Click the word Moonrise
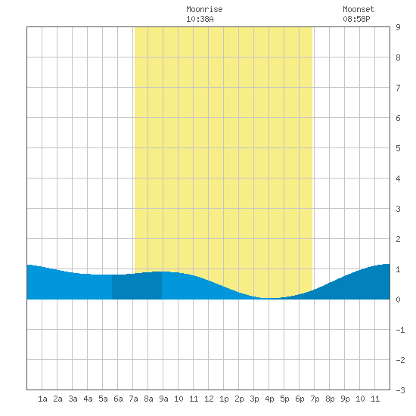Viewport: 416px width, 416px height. click(204, 9)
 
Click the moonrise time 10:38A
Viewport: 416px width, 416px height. click(200, 19)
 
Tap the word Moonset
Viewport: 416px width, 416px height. click(359, 9)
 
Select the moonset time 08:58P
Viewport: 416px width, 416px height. click(356, 19)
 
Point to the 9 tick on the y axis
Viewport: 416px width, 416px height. click(398, 27)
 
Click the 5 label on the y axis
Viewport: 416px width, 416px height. click(398, 148)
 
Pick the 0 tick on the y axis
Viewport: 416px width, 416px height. click(398, 300)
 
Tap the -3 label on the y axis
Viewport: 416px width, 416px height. click(400, 390)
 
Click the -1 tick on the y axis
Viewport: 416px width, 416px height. click(400, 330)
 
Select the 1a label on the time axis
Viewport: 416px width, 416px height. click(42, 399)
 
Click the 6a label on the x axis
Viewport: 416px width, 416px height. click(118, 399)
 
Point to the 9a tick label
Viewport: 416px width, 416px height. click(163, 399)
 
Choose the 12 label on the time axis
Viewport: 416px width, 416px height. click(209, 399)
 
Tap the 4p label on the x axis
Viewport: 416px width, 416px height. click(269, 399)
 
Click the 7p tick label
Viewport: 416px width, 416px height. click(315, 399)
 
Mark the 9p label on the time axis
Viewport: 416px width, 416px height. click(345, 399)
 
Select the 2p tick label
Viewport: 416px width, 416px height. click(239, 399)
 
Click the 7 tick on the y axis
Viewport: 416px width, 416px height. click(398, 88)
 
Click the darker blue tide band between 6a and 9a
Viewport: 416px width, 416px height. click(137, 287)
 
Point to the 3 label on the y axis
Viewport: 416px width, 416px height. click(398, 209)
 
